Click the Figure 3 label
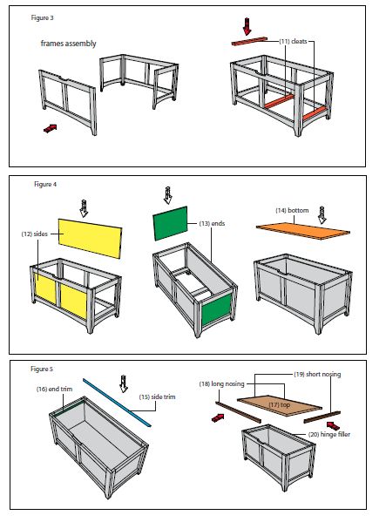click(42, 17)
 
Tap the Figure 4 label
click(45, 184)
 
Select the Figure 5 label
click(42, 369)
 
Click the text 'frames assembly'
click(69, 44)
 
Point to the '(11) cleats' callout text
click(293, 41)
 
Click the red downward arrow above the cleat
click(247, 26)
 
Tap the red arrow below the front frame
click(51, 128)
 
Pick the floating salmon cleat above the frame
click(249, 41)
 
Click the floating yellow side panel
click(90, 239)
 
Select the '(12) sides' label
click(35, 234)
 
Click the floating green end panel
click(171, 223)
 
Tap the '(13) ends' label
click(212, 223)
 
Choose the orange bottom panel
click(303, 231)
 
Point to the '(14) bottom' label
click(292, 210)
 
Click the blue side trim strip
click(117, 402)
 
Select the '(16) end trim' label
click(54, 389)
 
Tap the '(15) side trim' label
click(157, 397)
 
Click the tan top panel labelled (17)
click(280, 405)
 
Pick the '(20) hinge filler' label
click(329, 434)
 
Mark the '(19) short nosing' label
click(317, 374)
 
